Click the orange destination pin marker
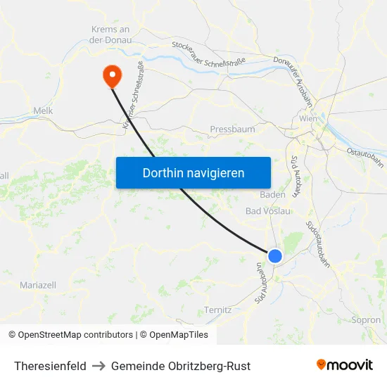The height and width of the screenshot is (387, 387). coord(112,76)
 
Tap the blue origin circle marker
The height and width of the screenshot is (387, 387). coord(275,256)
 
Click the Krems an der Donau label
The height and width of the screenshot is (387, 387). coord(110,34)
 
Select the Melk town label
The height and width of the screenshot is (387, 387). coord(43,110)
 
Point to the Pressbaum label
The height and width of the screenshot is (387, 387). coord(232,129)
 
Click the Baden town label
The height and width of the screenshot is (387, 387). coord(272,194)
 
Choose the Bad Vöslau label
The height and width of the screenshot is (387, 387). coord(268,211)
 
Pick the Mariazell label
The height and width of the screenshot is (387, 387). coord(38,285)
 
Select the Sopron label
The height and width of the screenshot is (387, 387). coord(365,319)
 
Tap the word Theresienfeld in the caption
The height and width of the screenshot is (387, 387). coord(50,366)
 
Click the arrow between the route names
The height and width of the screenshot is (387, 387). coord(99,366)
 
